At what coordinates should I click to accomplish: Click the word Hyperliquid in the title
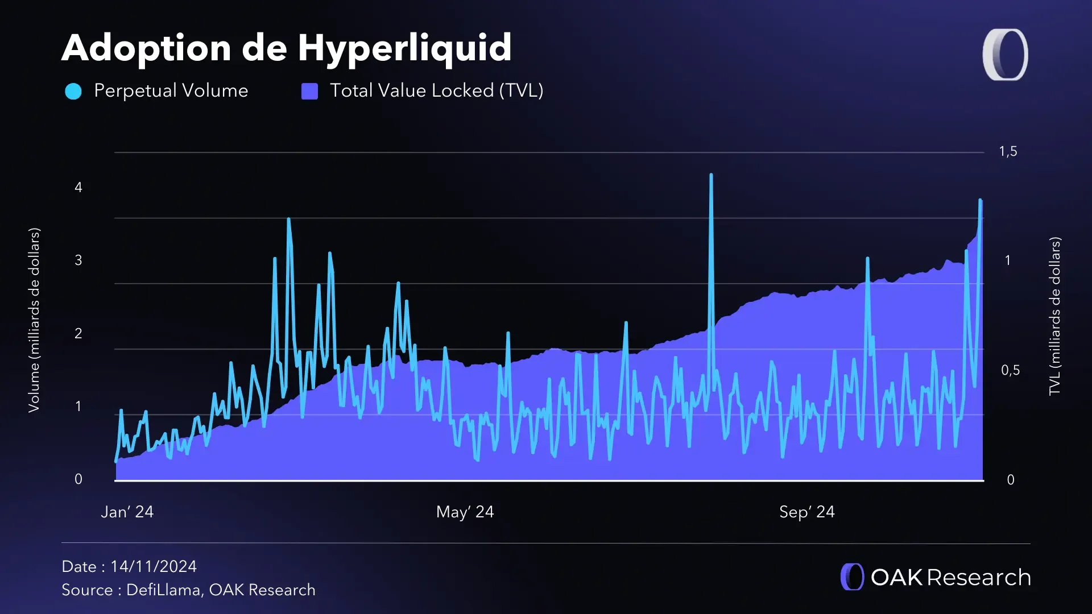[404, 48]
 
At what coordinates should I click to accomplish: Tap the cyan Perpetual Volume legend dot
[73, 91]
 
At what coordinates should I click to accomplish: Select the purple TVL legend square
[309, 91]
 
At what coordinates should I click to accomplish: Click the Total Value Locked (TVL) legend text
[436, 90]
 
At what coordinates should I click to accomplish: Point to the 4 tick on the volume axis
[78, 187]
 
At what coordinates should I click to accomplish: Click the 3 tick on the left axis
[78, 260]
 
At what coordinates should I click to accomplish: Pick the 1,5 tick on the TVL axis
[1008, 151]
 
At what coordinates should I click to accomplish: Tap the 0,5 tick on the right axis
[1010, 370]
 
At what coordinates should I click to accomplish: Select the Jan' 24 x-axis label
[127, 512]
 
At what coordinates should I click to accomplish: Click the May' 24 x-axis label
[465, 512]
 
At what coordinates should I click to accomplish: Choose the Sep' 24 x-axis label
[806, 512]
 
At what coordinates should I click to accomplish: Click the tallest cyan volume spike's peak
[711, 175]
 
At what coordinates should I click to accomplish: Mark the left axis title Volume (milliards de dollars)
[34, 320]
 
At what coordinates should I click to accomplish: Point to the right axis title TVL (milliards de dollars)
[1055, 316]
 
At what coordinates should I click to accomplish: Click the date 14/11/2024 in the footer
[154, 566]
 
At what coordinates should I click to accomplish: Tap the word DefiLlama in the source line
[163, 590]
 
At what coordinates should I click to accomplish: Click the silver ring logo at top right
[1005, 55]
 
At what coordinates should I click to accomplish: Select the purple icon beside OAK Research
[852, 576]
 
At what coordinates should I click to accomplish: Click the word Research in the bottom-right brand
[979, 577]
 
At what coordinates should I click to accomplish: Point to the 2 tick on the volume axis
[78, 333]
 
